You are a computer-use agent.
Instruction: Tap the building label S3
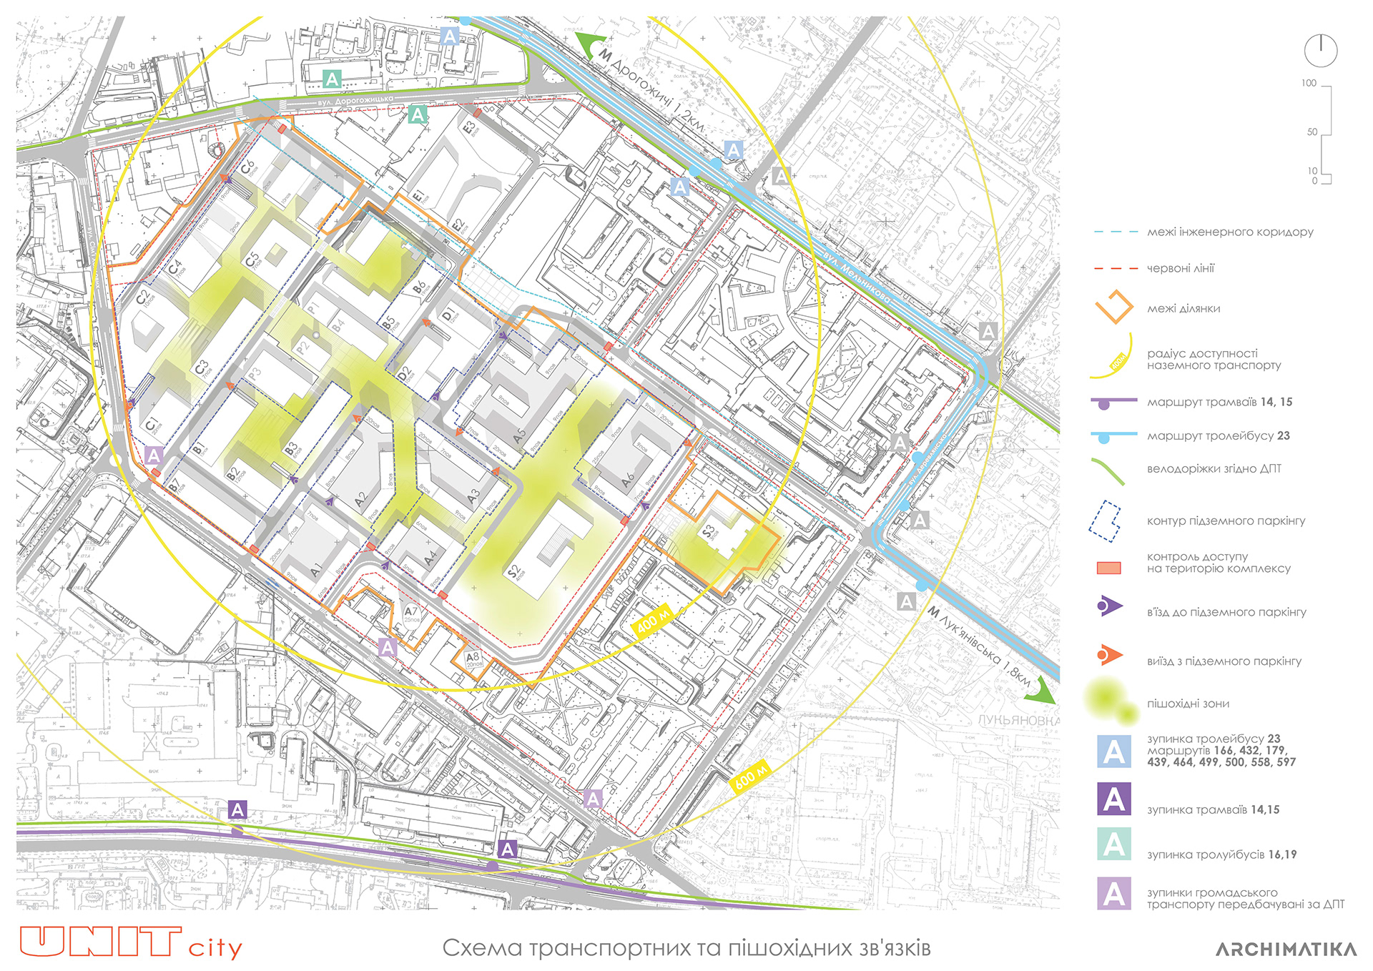pyautogui.click(x=709, y=531)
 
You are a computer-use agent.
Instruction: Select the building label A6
pyautogui.click(x=627, y=479)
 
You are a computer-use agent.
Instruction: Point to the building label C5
pyautogui.click(x=252, y=261)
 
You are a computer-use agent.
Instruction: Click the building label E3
pyautogui.click(x=469, y=128)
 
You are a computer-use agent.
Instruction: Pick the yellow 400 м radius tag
pyautogui.click(x=652, y=621)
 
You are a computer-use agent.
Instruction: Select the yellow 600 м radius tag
pyautogui.click(x=750, y=776)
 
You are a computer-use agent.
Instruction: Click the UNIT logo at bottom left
pyautogui.click(x=100, y=942)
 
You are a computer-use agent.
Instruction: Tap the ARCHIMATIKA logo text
pyautogui.click(x=1286, y=950)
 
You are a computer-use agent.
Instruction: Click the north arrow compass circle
pyautogui.click(x=1320, y=50)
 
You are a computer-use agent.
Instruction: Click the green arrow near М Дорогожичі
pyautogui.click(x=591, y=44)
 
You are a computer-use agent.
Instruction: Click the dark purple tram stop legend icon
pyautogui.click(x=1113, y=799)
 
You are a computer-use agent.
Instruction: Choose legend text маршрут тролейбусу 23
pyautogui.click(x=1218, y=435)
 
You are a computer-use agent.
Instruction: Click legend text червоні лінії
pyautogui.click(x=1180, y=268)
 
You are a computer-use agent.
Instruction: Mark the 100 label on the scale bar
pyautogui.click(x=1308, y=83)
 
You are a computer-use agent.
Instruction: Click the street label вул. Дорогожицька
pyautogui.click(x=355, y=101)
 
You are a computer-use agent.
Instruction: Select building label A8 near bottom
pyautogui.click(x=473, y=657)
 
